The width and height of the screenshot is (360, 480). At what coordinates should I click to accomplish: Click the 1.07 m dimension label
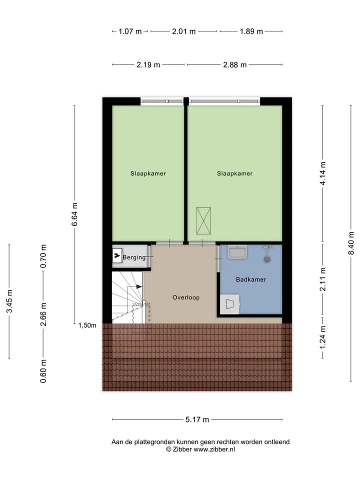coord(130,31)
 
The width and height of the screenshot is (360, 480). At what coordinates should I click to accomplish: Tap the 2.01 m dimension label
coord(183,31)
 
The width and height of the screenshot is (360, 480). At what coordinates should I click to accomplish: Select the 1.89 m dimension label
coord(251,31)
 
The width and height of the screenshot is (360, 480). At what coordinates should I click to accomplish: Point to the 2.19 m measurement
coord(148,65)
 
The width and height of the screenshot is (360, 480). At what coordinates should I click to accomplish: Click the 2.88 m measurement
coord(235,65)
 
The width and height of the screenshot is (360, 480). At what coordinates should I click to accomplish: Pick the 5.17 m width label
coord(197,419)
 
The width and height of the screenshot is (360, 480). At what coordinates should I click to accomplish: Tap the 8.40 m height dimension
coord(351,243)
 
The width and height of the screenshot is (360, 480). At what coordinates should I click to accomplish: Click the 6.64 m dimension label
coord(74,214)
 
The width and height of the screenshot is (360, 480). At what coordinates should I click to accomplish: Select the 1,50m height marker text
coord(87,325)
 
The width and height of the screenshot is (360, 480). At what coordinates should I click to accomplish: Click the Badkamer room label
coord(251,279)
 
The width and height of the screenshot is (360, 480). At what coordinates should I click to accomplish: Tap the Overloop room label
coord(186,297)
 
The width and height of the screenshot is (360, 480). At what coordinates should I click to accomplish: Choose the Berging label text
coord(134,257)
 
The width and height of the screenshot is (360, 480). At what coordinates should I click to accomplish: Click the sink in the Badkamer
coord(237,252)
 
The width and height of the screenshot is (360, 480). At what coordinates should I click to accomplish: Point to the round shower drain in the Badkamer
coord(267,259)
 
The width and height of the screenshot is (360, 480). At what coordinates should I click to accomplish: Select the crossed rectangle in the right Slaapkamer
coord(203,220)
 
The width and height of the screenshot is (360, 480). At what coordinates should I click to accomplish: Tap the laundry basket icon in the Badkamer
coord(229,304)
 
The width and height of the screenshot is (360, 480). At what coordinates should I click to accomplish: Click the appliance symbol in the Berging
coord(117,255)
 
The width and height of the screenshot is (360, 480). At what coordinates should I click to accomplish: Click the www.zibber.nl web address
coord(214,449)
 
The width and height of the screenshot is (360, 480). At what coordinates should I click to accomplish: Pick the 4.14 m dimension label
coord(322,173)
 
